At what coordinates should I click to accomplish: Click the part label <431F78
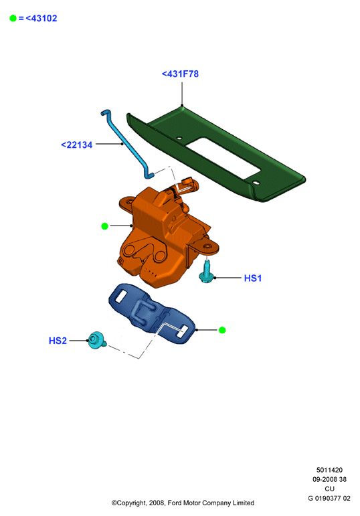180,74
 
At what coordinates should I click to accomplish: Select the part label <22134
77,145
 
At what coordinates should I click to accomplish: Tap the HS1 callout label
253,278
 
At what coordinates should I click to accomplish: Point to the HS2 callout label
58,341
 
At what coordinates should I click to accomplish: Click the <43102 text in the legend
41,19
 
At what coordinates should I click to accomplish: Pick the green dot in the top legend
13,19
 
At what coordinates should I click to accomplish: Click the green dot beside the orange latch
104,226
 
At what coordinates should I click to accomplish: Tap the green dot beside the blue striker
222,330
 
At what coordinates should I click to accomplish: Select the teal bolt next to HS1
207,272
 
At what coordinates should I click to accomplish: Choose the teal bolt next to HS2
97,340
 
